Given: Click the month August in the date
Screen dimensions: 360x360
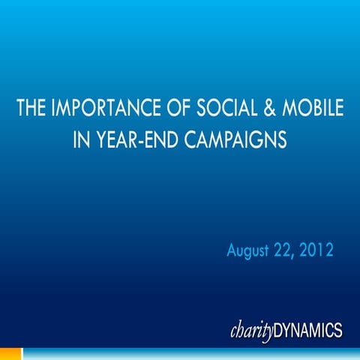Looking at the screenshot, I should (250, 248).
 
